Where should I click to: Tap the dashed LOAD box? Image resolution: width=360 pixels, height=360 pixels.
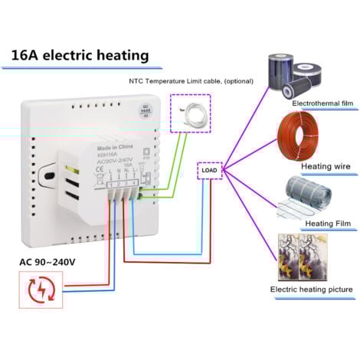pos(208,171)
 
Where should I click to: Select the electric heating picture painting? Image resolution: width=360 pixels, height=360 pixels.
pos(299,256)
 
